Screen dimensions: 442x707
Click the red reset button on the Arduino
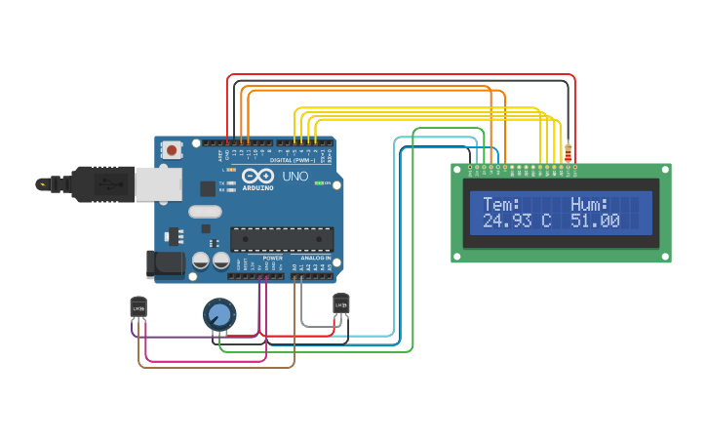click(172, 150)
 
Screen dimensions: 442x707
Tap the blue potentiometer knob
click(219, 314)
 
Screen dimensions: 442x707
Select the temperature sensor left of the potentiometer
click(138, 307)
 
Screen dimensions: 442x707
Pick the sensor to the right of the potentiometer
click(340, 304)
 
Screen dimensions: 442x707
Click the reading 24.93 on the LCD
click(507, 221)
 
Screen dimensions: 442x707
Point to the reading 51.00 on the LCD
click(595, 221)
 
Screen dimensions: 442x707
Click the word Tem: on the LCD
click(501, 204)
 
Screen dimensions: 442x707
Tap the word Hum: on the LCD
click(589, 204)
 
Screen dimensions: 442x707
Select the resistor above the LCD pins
click(568, 151)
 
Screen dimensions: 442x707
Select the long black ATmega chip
click(281, 239)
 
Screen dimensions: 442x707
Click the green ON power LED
click(318, 183)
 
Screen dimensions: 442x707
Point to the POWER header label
click(272, 258)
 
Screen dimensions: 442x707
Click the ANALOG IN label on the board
click(315, 258)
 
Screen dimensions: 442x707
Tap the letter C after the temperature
click(546, 221)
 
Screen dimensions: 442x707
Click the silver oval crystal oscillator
click(206, 212)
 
